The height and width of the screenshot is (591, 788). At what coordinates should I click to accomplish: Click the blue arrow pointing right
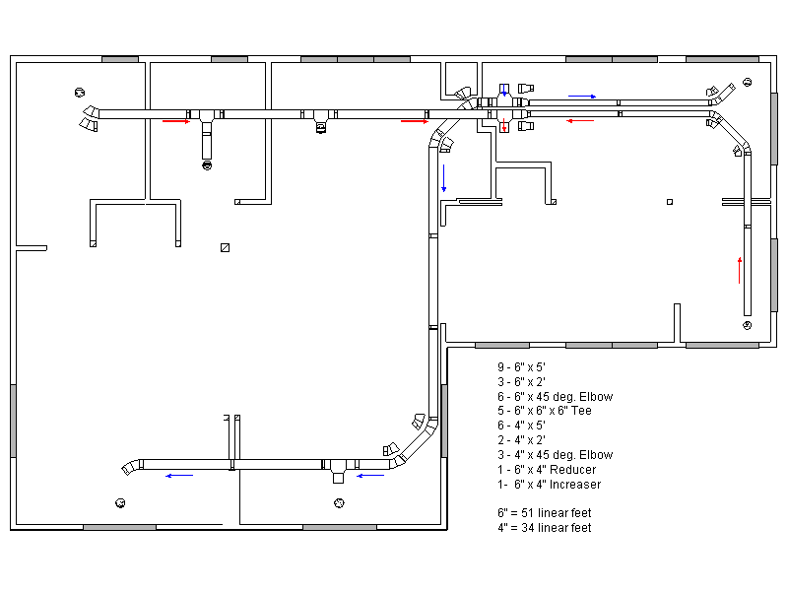[x=582, y=97]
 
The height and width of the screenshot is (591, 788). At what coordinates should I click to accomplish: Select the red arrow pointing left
[x=580, y=121]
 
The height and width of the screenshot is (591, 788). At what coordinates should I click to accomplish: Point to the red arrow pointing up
[x=740, y=269]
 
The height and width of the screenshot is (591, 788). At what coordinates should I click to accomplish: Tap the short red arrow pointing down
[x=504, y=128]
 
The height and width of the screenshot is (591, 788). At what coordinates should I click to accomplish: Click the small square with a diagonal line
[x=226, y=247]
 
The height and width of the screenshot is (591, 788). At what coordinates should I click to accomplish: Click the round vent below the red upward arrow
[x=748, y=325]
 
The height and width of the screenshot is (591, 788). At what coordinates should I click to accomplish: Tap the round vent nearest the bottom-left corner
[x=120, y=502]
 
